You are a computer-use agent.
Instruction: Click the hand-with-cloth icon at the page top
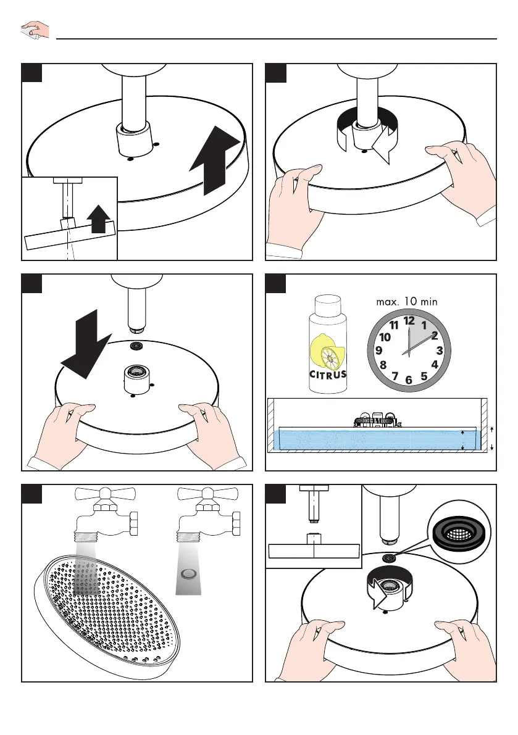35,29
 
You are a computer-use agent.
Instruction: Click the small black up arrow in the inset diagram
98,219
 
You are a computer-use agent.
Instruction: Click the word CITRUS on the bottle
328,375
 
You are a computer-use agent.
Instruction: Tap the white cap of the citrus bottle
328,305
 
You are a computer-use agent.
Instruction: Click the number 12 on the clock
409,321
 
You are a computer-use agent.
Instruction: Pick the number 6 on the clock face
409,380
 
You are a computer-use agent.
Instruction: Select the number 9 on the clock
378,350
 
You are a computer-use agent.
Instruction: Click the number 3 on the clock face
439,350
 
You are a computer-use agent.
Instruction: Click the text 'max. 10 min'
406,301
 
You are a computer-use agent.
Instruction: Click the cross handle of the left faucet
106,494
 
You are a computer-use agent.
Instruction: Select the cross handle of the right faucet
208,494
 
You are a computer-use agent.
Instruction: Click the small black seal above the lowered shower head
137,346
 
